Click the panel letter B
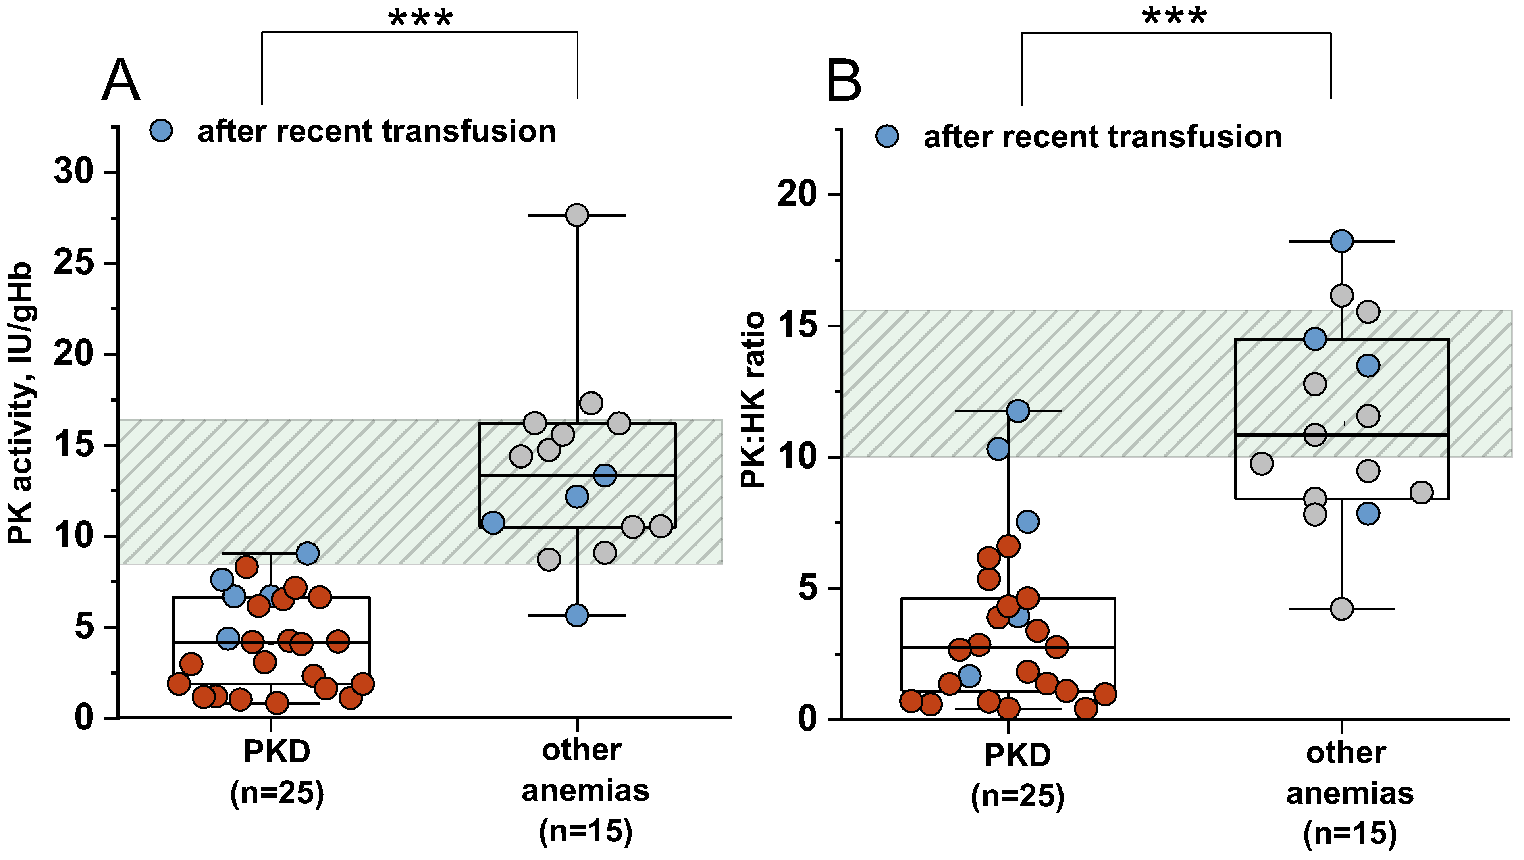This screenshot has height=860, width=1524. point(844,81)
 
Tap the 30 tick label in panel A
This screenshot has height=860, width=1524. point(74,172)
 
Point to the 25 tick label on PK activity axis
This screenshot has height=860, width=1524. point(74,263)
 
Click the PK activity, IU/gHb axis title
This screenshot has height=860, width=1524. point(20,402)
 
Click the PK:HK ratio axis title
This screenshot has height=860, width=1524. point(753,400)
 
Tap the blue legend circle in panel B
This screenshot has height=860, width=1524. point(887,136)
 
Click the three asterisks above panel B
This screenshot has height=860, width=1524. point(1175,17)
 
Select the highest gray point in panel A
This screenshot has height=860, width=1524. point(577,215)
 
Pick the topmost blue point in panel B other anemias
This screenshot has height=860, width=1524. point(1341,242)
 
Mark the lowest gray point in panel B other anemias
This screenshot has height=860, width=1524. point(1341,608)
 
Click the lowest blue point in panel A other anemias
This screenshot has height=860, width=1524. point(577,615)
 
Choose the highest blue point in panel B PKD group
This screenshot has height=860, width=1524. point(1018,411)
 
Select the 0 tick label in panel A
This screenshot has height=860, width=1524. point(84,717)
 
